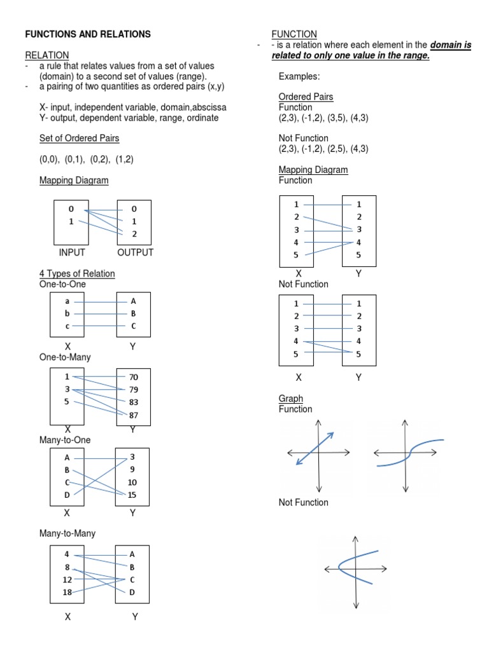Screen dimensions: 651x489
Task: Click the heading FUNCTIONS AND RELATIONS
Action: click(87, 34)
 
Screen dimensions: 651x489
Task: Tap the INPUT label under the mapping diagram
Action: click(71, 252)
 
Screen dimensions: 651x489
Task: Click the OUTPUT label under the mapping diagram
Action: click(135, 252)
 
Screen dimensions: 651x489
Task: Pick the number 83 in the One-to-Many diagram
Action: click(134, 402)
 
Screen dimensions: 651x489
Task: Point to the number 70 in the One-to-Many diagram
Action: click(134, 377)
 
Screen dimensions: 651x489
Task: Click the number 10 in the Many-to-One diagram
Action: click(132, 483)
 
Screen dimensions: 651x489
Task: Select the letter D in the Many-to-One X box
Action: click(66, 495)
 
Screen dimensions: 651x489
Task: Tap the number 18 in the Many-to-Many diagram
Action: click(67, 592)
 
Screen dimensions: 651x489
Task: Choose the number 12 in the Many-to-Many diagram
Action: click(67, 579)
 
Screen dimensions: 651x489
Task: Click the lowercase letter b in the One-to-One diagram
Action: click(67, 313)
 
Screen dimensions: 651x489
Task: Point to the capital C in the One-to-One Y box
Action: click(133, 326)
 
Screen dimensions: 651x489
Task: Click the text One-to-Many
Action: click(65, 357)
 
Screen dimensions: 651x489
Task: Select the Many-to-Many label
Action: click(67, 533)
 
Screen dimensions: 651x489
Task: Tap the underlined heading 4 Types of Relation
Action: click(77, 273)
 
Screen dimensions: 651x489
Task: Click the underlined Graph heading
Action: click(290, 399)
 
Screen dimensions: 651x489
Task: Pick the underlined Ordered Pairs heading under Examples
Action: click(306, 97)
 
